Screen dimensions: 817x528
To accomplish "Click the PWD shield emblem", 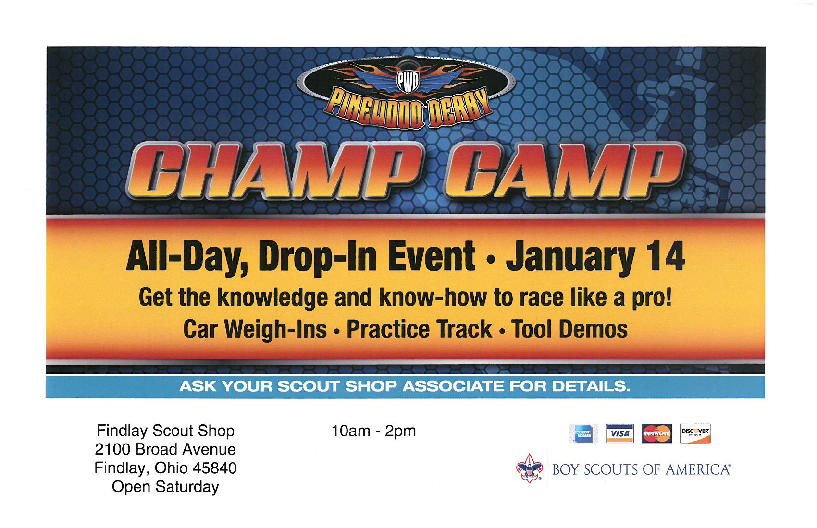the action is pyautogui.click(x=408, y=81).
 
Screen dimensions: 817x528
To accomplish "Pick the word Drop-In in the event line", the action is pyautogui.click(x=318, y=258).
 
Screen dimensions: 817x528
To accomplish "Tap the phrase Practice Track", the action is pyautogui.click(x=419, y=329).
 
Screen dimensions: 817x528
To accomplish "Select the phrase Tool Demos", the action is pyautogui.click(x=569, y=329).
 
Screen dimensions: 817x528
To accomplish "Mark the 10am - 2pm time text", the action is pyautogui.click(x=373, y=431).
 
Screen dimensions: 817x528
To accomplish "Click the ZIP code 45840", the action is pyautogui.click(x=214, y=468).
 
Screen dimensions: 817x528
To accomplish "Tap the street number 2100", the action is pyautogui.click(x=113, y=450).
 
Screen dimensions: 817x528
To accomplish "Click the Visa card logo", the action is pyautogui.click(x=619, y=433).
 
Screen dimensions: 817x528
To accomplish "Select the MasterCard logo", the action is pyautogui.click(x=656, y=433).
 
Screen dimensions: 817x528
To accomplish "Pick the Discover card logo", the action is pyautogui.click(x=695, y=433).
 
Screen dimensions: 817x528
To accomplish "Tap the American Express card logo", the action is pyautogui.click(x=583, y=433).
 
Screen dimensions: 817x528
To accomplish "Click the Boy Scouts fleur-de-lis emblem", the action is pyautogui.click(x=530, y=468).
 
